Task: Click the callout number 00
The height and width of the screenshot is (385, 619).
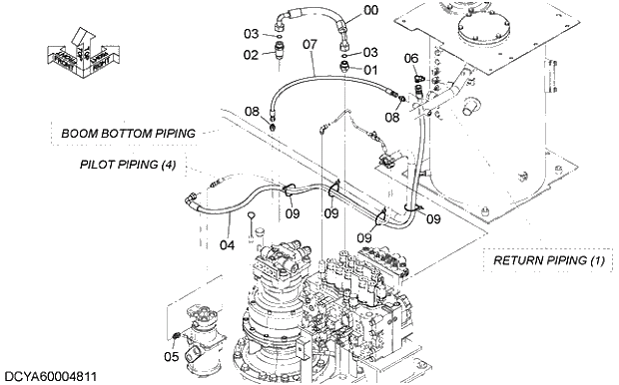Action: (370, 10)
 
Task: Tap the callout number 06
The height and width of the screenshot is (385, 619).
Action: (410, 59)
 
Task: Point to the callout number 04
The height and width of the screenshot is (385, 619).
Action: (227, 244)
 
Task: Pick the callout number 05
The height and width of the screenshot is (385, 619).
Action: (171, 356)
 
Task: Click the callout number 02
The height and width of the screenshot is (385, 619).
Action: (251, 54)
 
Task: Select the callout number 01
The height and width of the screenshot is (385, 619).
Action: (370, 70)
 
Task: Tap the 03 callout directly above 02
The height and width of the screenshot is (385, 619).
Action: (252, 34)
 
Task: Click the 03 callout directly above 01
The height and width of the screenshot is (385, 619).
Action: (370, 52)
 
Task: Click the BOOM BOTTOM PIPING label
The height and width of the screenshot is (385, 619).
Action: (127, 133)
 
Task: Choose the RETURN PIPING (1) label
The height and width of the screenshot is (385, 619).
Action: (549, 260)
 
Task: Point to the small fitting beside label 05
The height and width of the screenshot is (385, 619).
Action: (178, 334)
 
